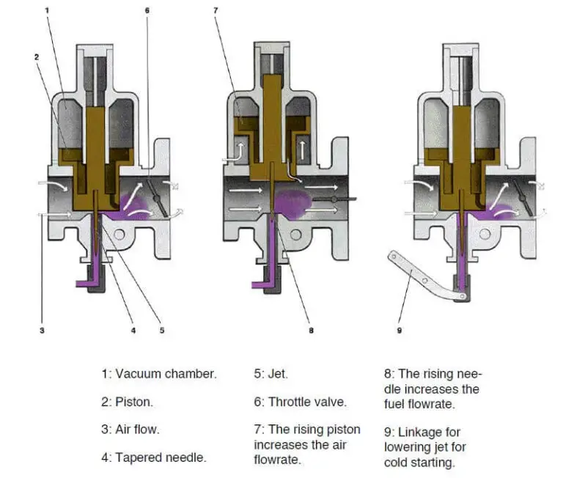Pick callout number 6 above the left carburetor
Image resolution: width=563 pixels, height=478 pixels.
point(147,10)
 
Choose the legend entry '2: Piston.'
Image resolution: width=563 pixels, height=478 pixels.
point(128,402)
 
